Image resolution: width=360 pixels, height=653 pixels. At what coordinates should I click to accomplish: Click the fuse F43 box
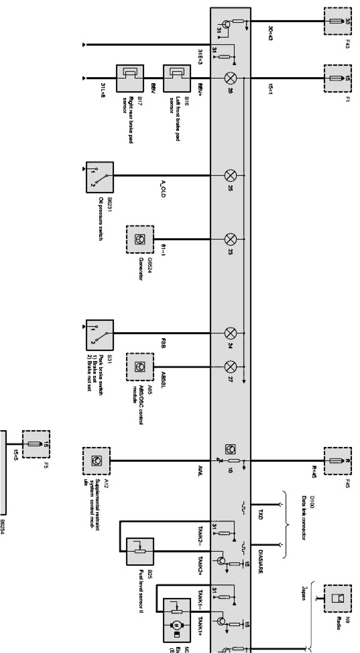tap(337, 21)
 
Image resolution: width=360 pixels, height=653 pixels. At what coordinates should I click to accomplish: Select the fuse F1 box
tap(337, 78)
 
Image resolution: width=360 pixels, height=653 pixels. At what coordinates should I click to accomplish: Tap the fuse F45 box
tap(337, 461)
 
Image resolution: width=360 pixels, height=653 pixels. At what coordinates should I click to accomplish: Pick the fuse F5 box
tap(36, 444)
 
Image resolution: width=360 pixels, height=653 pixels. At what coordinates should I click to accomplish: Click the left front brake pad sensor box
tap(177, 78)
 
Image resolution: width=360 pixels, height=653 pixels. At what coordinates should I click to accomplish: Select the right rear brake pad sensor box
tap(130, 78)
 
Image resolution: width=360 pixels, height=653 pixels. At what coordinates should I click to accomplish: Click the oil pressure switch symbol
tap(100, 176)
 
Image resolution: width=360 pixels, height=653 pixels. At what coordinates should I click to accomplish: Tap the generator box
tap(140, 239)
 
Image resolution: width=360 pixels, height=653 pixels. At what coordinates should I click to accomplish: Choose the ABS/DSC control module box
tap(140, 367)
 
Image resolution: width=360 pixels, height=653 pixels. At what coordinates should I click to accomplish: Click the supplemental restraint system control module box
tap(96, 461)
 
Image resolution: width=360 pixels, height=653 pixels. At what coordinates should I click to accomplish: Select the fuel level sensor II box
tap(140, 551)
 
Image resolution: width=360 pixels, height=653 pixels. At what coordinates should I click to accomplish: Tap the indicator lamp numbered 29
tap(230, 78)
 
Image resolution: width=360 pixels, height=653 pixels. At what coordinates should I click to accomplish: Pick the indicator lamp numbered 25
tap(230, 176)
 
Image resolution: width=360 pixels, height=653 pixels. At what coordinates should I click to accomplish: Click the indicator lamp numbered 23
tap(230, 239)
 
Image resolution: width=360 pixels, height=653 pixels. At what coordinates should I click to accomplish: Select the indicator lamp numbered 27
tap(230, 367)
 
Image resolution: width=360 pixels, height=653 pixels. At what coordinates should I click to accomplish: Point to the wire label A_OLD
tap(163, 188)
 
